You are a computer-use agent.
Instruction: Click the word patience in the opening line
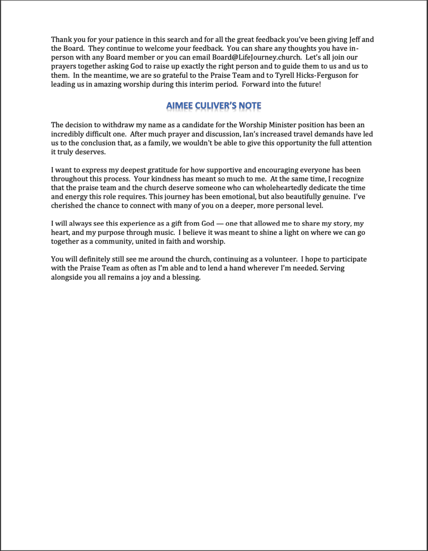[108, 40]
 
